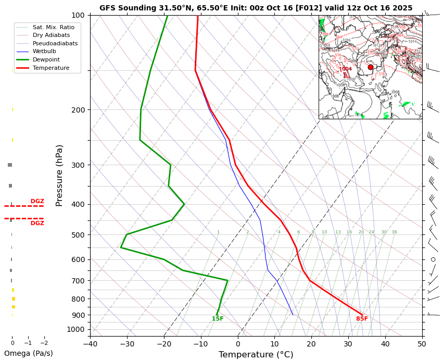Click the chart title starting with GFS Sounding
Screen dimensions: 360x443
click(256, 8)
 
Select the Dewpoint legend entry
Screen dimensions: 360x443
click(46, 60)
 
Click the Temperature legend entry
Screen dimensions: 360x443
click(50, 68)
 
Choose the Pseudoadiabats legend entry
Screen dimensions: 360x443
click(55, 43)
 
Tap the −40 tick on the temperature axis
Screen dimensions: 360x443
click(90, 344)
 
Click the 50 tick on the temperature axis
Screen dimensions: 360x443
click(422, 344)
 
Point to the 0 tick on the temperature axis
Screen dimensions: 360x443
click(238, 344)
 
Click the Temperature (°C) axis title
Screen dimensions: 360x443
click(256, 355)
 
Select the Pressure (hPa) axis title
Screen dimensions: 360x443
click(59, 175)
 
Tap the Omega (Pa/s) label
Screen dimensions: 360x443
click(28, 353)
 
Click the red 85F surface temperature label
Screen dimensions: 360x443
click(362, 319)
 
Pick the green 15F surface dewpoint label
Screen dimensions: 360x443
click(218, 319)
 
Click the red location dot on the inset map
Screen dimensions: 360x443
click(371, 67)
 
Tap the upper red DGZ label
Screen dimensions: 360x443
click(37, 201)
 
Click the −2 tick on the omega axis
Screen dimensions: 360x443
click(44, 343)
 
